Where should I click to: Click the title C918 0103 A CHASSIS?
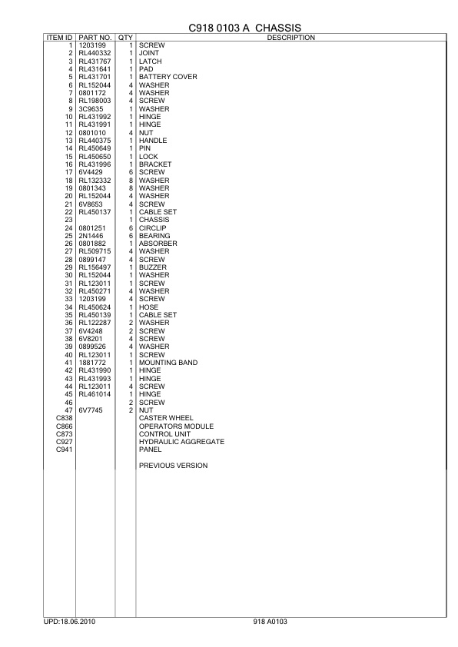[244, 27]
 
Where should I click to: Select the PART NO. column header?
[95, 38]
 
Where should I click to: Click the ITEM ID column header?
[59, 38]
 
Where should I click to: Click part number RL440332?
[95, 54]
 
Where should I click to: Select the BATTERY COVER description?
[168, 77]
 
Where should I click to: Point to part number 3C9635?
[91, 108]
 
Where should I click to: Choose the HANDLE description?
[152, 141]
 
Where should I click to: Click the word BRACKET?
[154, 164]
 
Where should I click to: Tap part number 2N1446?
[91, 236]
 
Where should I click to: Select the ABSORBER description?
[158, 244]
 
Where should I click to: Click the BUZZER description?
[152, 267]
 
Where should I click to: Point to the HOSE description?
[148, 307]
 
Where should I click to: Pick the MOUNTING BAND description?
[168, 363]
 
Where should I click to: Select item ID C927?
[65, 442]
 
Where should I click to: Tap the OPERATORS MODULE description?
[176, 426]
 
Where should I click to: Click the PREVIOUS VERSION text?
[173, 466]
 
